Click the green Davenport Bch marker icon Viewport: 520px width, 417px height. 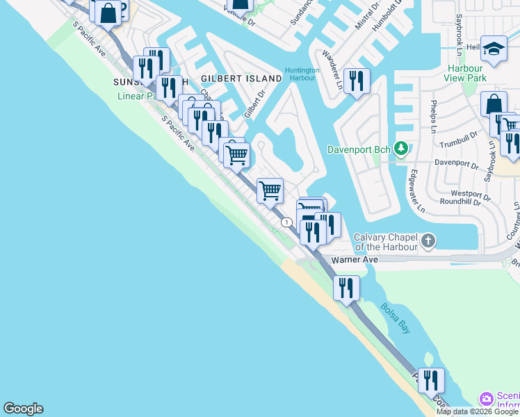pyautogui.click(x=400, y=148)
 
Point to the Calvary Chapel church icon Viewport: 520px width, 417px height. pyautogui.click(x=428, y=242)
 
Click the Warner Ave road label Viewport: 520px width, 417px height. pyautogui.click(x=355, y=259)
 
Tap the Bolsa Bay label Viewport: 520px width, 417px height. pyautogui.click(x=394, y=318)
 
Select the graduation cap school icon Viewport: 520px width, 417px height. pyautogui.click(x=494, y=49)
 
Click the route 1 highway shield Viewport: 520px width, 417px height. pyautogui.click(x=286, y=222)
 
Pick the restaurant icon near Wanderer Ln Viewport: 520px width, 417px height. pyautogui.click(x=356, y=81)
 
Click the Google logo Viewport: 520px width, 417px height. pyautogui.click(x=23, y=409)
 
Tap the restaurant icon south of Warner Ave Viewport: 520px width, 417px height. pyautogui.click(x=346, y=287)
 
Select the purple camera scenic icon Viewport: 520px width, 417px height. pyautogui.click(x=487, y=399)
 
